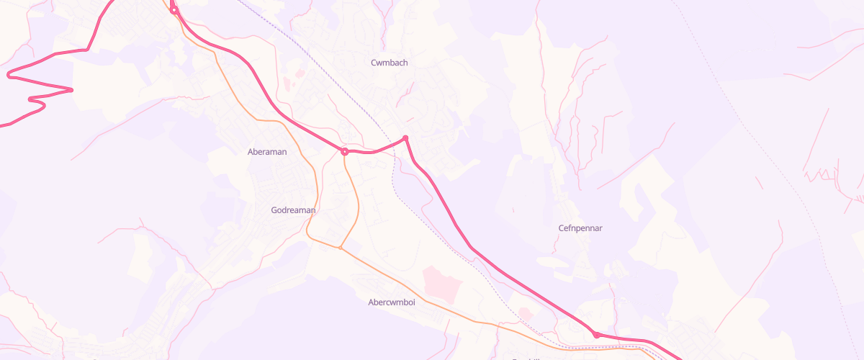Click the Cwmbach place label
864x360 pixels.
(x=389, y=63)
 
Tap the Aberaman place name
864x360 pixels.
(x=267, y=152)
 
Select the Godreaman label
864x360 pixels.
(x=293, y=210)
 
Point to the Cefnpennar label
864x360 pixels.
(x=580, y=228)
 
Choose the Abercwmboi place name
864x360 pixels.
(x=392, y=302)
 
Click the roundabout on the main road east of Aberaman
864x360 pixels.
(x=345, y=152)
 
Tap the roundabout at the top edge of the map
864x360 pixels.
(x=174, y=10)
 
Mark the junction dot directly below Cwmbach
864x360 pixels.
(x=405, y=138)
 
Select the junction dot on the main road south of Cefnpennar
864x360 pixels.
(x=596, y=335)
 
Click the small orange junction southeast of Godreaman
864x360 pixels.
(x=341, y=248)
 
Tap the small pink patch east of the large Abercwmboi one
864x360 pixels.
(x=525, y=314)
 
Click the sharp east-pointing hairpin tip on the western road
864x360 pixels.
(x=72, y=90)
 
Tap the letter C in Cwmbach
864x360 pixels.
(x=374, y=63)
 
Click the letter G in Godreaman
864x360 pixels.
(x=274, y=210)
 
